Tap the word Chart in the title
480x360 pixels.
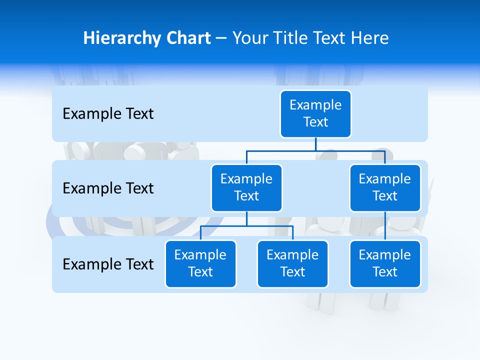click(x=186, y=38)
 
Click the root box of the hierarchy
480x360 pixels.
click(x=315, y=114)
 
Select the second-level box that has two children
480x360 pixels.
click(x=246, y=188)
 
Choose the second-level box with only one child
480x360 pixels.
click(x=385, y=188)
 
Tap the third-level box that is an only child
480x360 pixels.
click(x=385, y=264)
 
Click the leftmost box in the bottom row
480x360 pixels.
click(x=200, y=264)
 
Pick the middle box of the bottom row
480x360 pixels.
click(x=292, y=264)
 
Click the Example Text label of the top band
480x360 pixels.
click(x=108, y=114)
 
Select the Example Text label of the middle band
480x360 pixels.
click(x=108, y=188)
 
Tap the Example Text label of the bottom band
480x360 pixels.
click(x=108, y=264)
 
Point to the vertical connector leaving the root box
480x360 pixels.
click(x=315, y=144)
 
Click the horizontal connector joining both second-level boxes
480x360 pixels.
click(x=315, y=150)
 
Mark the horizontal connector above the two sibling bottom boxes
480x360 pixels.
click(x=246, y=226)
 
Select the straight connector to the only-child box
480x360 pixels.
click(x=385, y=226)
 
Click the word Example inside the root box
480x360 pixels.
click(x=315, y=105)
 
